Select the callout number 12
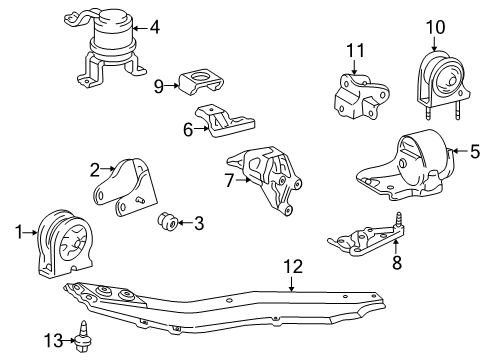(292, 267)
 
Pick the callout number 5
(461, 152)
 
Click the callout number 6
(187, 128)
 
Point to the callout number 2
(94, 169)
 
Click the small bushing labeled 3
(168, 220)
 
